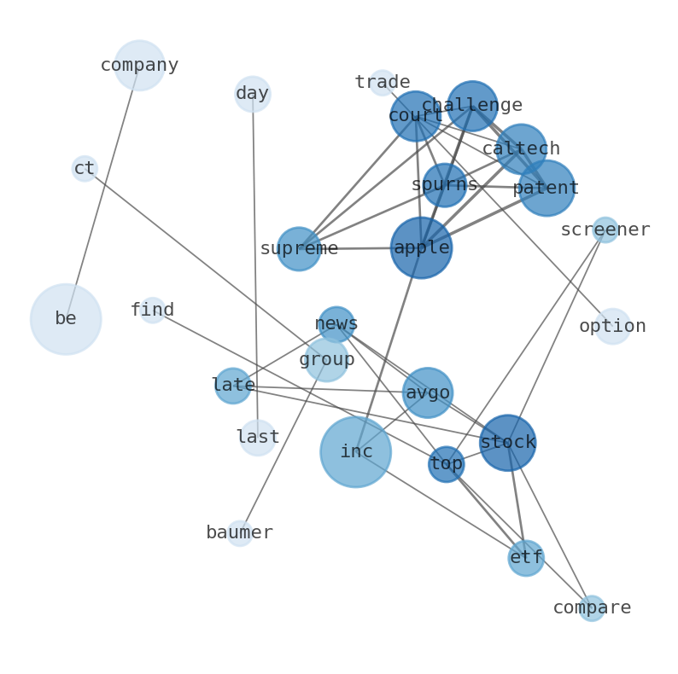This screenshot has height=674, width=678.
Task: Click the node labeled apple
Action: pos(421,247)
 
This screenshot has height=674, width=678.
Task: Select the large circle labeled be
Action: pos(66,319)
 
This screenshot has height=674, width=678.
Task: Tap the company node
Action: pos(139,66)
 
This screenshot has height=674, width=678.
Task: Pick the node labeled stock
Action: pos(508,443)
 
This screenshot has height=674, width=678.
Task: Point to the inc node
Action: pos(356,452)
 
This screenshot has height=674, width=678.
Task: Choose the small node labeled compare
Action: pos(592,608)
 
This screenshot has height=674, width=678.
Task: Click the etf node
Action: pos(526,558)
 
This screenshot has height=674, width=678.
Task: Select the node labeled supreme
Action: pos(299,249)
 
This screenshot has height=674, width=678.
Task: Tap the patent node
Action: pos(546,189)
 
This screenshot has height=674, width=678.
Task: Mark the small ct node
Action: pos(85,169)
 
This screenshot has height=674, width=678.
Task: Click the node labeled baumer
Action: pos(240,533)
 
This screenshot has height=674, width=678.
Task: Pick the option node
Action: pos(612,327)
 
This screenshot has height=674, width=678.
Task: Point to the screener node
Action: pos(605,230)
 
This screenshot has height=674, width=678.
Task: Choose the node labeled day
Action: pos(253,94)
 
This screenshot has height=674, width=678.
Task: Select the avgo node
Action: pos(428,393)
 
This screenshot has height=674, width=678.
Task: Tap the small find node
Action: pos(152,311)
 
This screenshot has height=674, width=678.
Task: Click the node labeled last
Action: pos(258,438)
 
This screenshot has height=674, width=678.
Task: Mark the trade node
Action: pos(382,83)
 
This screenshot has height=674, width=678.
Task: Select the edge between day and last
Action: pos(255,264)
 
